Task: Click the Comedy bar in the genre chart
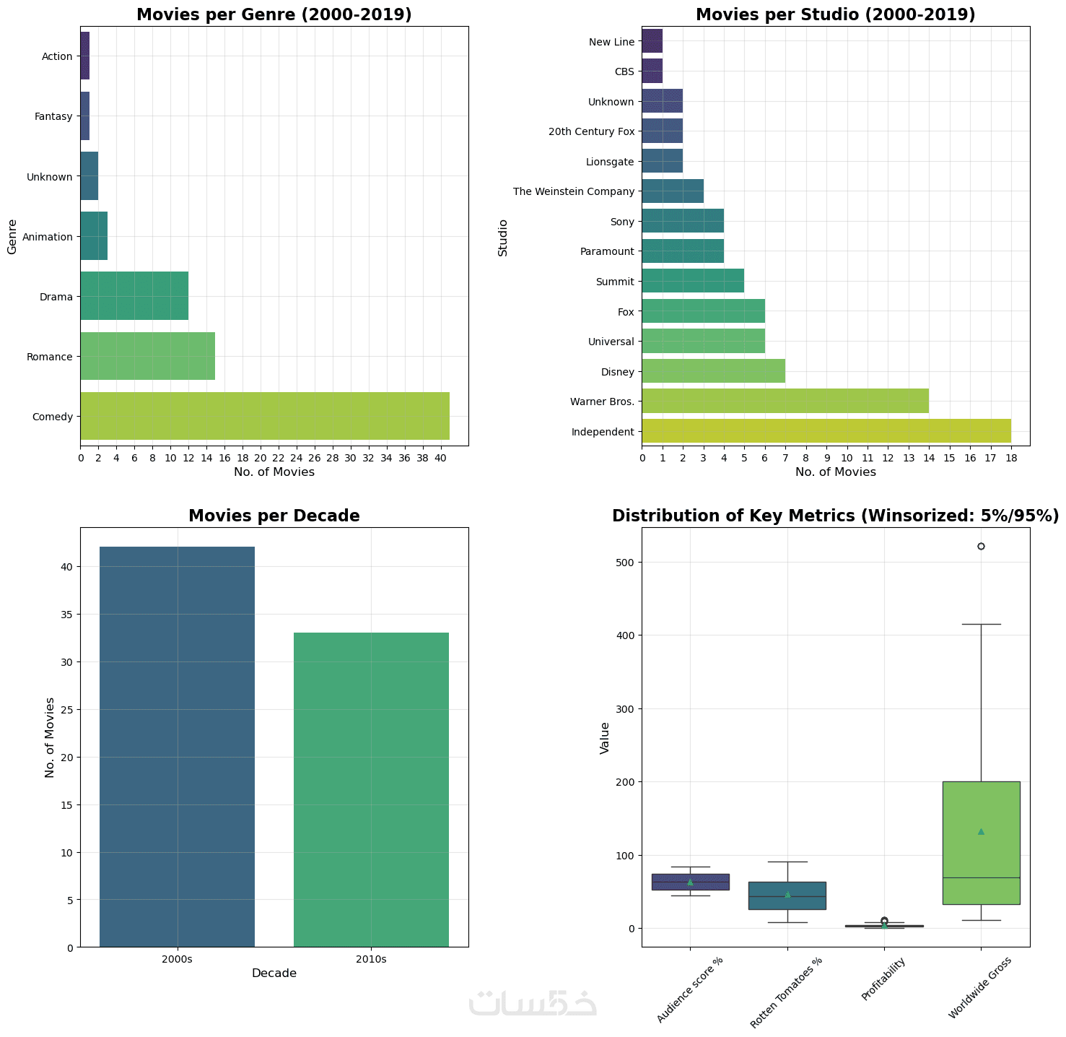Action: pos(264,416)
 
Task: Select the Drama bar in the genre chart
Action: pos(134,296)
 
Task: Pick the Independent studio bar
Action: pos(826,431)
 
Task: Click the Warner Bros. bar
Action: pos(785,401)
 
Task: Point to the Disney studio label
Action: pos(618,372)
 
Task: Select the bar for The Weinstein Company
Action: pos(672,191)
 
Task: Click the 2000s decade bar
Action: pos(177,747)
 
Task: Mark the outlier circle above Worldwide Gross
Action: pos(981,546)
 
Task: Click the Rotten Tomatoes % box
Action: pos(787,895)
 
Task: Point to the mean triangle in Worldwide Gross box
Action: pos(981,831)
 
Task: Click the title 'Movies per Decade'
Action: pos(274,516)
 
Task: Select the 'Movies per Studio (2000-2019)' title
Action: pos(835,15)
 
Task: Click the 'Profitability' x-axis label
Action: pos(882,979)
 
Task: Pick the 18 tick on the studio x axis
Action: pos(1010,457)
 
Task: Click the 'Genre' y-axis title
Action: pos(12,237)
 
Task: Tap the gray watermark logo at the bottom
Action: pos(533,1004)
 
